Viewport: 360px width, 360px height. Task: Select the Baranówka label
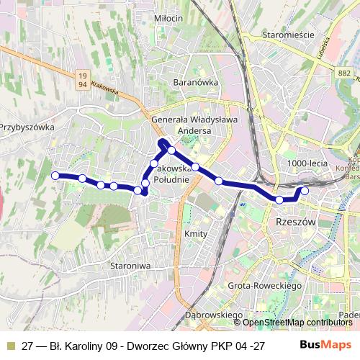point(195,82)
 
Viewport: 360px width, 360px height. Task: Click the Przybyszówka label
point(27,127)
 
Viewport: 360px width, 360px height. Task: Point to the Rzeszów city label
point(295,222)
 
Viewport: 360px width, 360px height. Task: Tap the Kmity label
point(196,235)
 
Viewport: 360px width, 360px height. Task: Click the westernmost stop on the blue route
point(55,175)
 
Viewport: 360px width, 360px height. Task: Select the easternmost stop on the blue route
point(305,191)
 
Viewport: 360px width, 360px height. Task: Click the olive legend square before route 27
point(10,345)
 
